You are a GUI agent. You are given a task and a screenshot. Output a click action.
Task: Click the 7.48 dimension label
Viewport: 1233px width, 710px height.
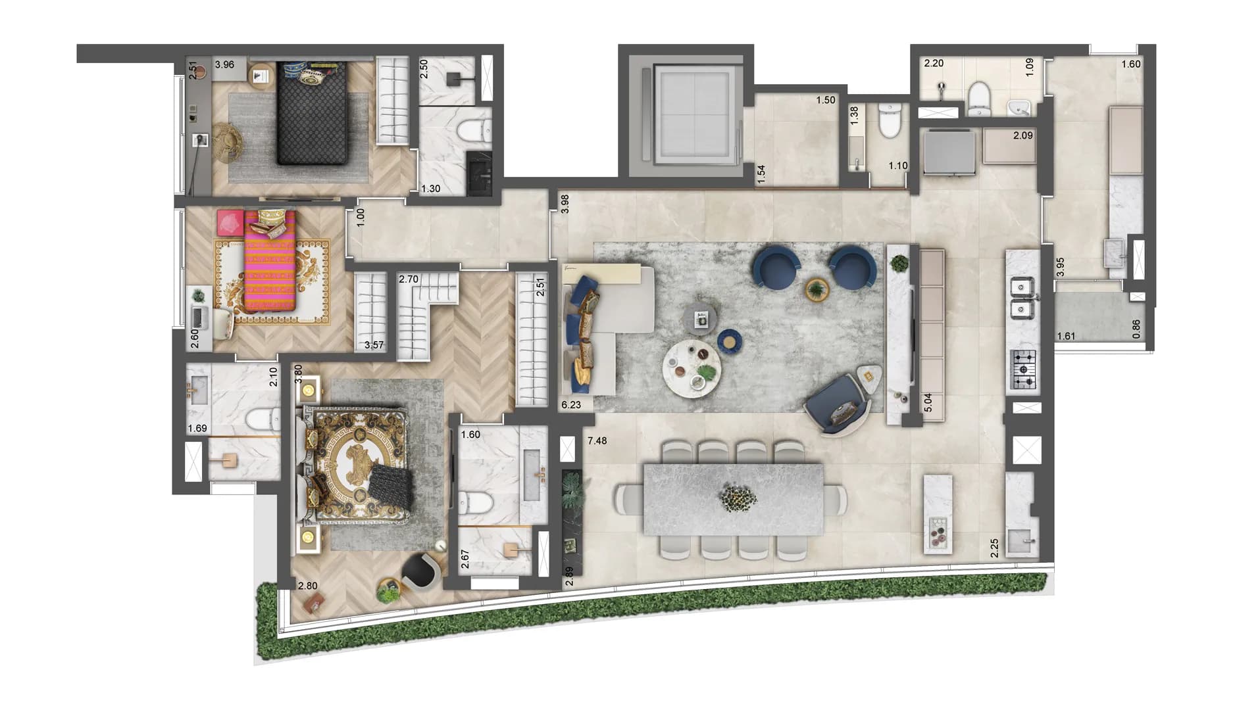point(597,440)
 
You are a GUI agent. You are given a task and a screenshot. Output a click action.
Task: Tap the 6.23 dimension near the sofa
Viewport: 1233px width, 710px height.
point(571,405)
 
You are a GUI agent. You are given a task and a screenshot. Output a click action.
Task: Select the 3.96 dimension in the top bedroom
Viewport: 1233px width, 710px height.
point(224,64)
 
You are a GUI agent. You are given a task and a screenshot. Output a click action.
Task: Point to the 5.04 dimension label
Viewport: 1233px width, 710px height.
point(928,402)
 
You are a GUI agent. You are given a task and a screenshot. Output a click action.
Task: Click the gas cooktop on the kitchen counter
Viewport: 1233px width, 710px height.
point(1023,371)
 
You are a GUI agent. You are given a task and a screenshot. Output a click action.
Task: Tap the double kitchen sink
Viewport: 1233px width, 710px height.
point(1022,297)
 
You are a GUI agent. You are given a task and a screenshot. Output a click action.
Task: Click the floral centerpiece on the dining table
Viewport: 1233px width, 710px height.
point(738,497)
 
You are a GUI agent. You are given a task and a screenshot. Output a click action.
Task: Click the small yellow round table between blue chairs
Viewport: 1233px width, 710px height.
point(817,289)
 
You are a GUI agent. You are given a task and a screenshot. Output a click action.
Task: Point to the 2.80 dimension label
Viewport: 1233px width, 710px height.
point(307,586)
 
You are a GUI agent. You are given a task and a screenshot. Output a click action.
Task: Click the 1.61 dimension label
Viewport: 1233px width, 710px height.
point(1066,337)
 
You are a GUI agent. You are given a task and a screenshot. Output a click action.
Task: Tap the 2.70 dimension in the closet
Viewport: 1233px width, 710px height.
point(409,279)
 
